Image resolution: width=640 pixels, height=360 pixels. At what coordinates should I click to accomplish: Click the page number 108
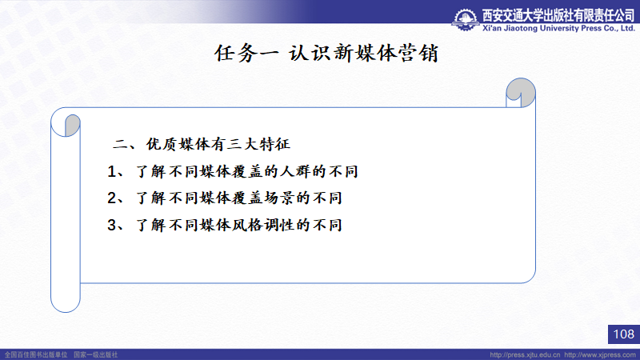click(x=624, y=334)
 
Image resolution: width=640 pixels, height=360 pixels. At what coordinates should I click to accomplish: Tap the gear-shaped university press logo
click(x=466, y=20)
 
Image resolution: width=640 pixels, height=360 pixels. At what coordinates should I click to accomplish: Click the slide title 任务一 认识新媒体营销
click(x=326, y=54)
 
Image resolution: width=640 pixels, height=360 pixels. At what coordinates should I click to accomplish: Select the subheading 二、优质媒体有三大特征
click(x=202, y=144)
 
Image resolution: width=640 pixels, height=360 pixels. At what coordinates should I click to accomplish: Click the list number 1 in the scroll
click(x=112, y=171)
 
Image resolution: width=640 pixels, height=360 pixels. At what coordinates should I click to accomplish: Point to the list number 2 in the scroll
click(x=112, y=198)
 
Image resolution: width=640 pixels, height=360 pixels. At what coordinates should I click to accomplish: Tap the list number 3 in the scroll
click(x=112, y=225)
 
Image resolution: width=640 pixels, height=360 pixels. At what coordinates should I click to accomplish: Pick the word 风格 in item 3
click(x=247, y=225)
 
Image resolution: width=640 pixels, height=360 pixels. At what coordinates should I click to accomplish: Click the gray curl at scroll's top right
click(x=522, y=92)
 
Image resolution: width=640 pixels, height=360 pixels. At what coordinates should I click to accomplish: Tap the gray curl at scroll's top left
click(x=72, y=125)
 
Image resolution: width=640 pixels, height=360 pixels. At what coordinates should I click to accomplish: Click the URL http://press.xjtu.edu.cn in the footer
click(x=525, y=355)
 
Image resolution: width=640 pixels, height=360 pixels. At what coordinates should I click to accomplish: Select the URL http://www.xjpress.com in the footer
click(x=600, y=355)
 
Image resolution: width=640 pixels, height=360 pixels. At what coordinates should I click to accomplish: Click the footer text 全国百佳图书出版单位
click(x=36, y=355)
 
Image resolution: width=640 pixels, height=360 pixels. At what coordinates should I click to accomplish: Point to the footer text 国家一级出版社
click(x=95, y=355)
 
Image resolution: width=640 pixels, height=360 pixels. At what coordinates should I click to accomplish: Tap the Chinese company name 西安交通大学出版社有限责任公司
click(x=558, y=15)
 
